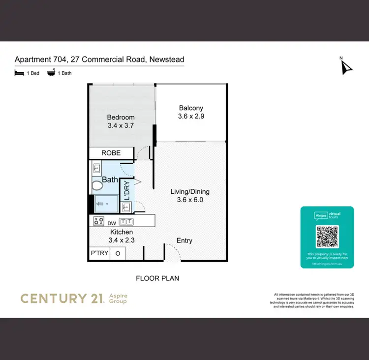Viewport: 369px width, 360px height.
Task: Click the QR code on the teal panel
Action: coord(327,237)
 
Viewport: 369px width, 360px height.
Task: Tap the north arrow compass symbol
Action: coord(346,67)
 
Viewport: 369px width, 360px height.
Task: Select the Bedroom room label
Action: coord(121,118)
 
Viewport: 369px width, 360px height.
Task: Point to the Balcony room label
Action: coord(191,108)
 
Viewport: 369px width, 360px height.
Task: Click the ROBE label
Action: coord(111,153)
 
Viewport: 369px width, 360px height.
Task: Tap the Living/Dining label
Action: coord(190,191)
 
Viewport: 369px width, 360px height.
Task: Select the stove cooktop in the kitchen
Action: coord(98,221)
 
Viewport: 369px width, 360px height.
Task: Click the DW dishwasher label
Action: coord(112,223)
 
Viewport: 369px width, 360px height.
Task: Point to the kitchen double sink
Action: coord(126,221)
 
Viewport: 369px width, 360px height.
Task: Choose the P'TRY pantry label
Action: coord(99,253)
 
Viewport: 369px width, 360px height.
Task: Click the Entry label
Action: coord(184,240)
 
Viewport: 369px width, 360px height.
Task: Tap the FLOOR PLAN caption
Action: coord(157,278)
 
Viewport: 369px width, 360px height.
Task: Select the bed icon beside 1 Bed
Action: coord(19,73)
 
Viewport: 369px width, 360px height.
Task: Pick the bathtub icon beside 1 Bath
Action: coord(51,73)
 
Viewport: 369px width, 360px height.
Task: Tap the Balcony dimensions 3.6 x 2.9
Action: coord(191,117)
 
